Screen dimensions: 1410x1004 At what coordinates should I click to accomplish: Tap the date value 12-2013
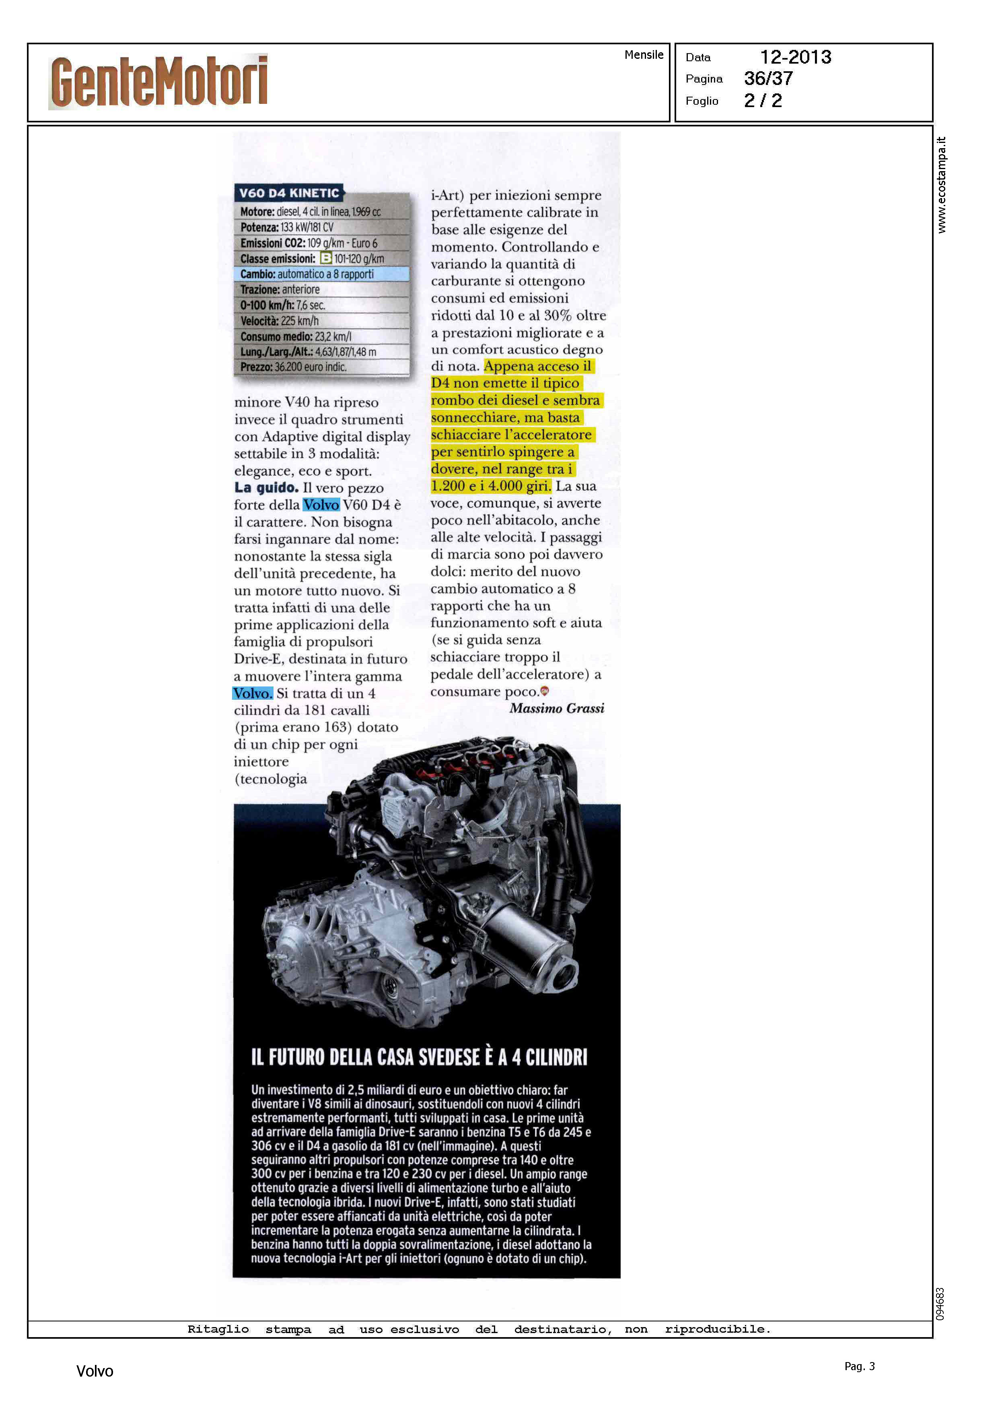pos(795,57)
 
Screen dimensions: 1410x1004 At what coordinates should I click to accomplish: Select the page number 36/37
pos(768,79)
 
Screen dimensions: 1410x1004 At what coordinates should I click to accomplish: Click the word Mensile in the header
pos(644,54)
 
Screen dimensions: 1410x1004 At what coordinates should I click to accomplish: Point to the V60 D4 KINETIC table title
pos(289,193)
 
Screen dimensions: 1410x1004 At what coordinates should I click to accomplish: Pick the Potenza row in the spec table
pos(287,227)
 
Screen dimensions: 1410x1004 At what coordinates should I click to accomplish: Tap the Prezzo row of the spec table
pos(293,367)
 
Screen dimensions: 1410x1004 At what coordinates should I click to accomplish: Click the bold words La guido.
pos(266,488)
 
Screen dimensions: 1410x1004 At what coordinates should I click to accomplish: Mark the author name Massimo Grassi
pos(556,708)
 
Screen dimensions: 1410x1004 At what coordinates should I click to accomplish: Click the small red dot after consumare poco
pos(545,691)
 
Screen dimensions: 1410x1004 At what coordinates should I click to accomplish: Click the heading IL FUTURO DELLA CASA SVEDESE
pos(419,1057)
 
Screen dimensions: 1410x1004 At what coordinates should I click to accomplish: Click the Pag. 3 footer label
pos(859,1366)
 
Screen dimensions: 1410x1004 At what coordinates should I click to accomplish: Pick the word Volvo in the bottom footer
pos(95,1371)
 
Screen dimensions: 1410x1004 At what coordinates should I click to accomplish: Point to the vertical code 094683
pos(940,1304)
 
